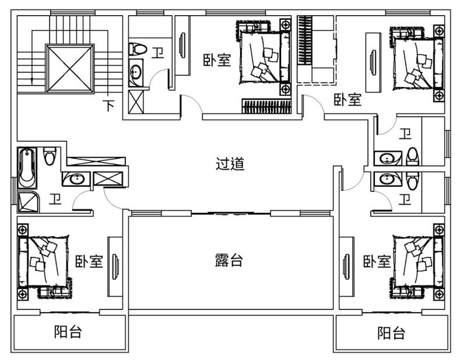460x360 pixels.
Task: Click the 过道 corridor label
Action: pos(230,163)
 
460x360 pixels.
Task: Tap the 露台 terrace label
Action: pos(229,260)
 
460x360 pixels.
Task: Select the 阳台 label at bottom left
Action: pos(68,331)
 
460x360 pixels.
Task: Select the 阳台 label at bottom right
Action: pos(391,333)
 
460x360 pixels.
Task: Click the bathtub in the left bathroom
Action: pos(27,168)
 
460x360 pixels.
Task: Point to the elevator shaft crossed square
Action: pos(70,68)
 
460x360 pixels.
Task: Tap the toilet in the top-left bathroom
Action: pos(137,49)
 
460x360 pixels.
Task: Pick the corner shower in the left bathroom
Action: pos(28,202)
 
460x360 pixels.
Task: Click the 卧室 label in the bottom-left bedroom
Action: pos(89,261)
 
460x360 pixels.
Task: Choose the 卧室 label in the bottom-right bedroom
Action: pos(377,261)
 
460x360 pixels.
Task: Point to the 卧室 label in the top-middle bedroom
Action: pos(217,60)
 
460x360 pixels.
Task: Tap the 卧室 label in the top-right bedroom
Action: pos(347,100)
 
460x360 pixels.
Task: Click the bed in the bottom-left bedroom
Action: pos(43,261)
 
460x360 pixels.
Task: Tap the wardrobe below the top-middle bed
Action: pos(266,106)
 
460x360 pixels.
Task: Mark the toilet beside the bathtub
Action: pos(50,156)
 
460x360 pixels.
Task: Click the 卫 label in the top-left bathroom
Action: pos(157,53)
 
